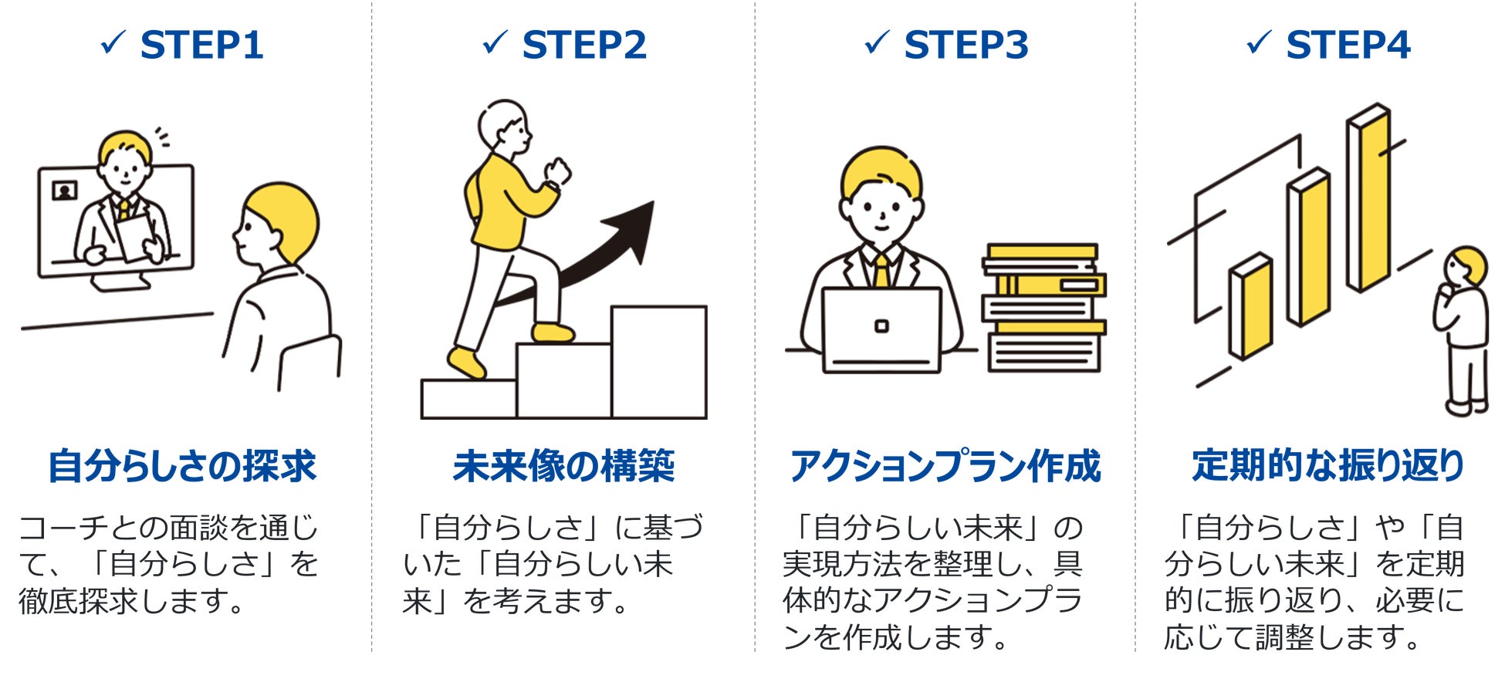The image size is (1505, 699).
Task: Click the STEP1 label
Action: pyautogui.click(x=201, y=45)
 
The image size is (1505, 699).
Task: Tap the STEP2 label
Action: pyautogui.click(x=583, y=45)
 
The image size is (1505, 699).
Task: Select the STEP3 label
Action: pyautogui.click(x=966, y=45)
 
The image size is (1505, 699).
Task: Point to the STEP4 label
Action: pyautogui.click(x=1348, y=45)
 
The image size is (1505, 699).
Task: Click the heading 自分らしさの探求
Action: pyautogui.click(x=182, y=466)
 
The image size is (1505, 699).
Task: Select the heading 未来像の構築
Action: pyautogui.click(x=563, y=466)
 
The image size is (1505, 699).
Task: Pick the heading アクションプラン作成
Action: pyautogui.click(x=945, y=466)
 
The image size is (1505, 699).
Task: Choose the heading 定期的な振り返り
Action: pyautogui.click(x=1327, y=466)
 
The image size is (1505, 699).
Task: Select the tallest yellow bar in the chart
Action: pyautogui.click(x=1369, y=199)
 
